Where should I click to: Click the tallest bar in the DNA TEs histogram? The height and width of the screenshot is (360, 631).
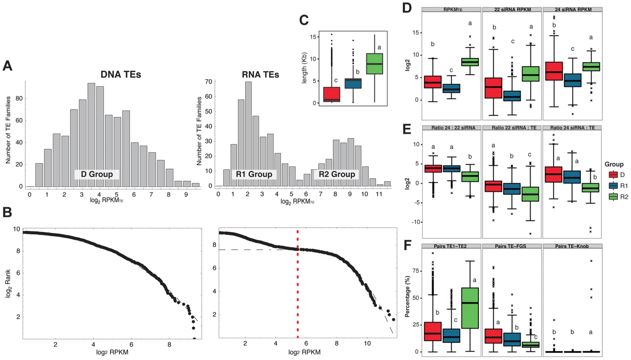91,135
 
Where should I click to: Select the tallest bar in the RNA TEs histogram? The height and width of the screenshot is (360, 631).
248,134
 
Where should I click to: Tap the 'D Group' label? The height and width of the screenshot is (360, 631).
97,174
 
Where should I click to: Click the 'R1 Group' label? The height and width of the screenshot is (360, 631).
254,174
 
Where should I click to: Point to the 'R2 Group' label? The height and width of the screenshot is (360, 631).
337,174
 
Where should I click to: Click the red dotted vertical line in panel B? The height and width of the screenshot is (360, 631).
298,284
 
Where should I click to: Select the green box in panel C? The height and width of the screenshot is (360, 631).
374,63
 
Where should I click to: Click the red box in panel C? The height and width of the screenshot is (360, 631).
332,94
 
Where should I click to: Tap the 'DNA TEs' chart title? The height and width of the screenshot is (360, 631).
121,74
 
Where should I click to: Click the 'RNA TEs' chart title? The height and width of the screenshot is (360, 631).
261,74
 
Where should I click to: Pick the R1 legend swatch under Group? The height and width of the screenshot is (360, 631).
613,186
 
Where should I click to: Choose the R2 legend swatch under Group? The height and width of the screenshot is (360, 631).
613,197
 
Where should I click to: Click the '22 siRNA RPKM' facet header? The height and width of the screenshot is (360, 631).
512,9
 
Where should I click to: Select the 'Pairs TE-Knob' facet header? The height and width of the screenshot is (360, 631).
572,246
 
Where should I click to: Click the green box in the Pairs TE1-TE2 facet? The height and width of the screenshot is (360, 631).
470,308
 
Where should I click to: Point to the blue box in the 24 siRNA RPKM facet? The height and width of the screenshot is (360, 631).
572,80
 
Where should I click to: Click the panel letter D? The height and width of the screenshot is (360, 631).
407,9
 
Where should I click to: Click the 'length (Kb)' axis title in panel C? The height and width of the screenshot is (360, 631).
304,68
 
